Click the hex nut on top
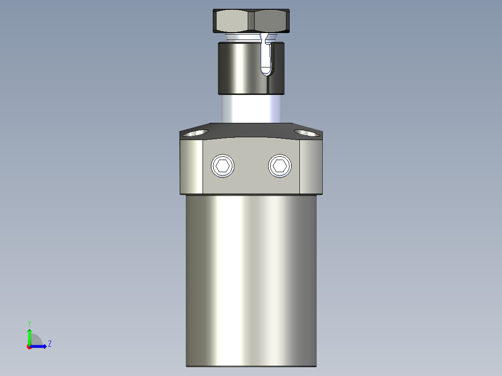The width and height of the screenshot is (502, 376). [251, 21]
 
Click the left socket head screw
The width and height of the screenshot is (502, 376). [223, 166]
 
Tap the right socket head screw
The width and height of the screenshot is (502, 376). [280, 166]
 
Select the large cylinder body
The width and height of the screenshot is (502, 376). [251, 279]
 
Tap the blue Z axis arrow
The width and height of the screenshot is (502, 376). [40, 346]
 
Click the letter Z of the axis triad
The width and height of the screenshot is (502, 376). [50, 344]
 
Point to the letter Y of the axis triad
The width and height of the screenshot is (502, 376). [29, 323]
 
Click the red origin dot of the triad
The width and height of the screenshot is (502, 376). [29, 347]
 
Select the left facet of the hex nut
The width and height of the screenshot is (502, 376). [231, 21]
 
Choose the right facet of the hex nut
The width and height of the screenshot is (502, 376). [271, 21]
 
